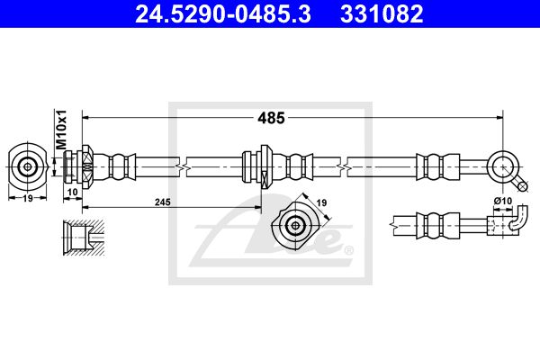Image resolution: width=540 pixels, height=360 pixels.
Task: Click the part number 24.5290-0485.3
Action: [223, 14]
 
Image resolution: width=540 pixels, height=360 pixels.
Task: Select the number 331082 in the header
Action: [382, 14]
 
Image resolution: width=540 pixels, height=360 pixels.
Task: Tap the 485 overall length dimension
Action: [272, 118]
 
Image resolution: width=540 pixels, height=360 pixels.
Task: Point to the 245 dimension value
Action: [163, 202]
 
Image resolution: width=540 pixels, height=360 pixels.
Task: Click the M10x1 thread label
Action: [61, 130]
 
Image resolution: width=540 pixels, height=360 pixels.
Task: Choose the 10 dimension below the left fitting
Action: [72, 193]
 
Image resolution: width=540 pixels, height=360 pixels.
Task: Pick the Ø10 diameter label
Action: [503, 201]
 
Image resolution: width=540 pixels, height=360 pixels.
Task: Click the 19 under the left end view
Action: [28, 198]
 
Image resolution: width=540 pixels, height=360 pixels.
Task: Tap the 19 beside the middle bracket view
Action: [321, 202]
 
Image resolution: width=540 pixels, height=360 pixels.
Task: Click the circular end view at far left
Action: [28, 167]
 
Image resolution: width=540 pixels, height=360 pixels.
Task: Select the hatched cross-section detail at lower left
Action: [84, 238]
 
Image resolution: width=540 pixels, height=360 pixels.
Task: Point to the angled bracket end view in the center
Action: [295, 226]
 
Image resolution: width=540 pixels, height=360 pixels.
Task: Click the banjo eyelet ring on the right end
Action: [503, 167]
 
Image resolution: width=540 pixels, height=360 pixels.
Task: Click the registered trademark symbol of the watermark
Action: [349, 250]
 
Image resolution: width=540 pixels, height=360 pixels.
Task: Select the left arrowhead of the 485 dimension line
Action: [85, 118]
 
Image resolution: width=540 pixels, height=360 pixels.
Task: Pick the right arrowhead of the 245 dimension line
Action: [257, 207]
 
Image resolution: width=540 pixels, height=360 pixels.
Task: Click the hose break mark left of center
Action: [183, 167]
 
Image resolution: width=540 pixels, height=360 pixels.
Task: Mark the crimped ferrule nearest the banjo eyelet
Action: [438, 167]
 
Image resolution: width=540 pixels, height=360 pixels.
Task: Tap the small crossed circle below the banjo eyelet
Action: [523, 186]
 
